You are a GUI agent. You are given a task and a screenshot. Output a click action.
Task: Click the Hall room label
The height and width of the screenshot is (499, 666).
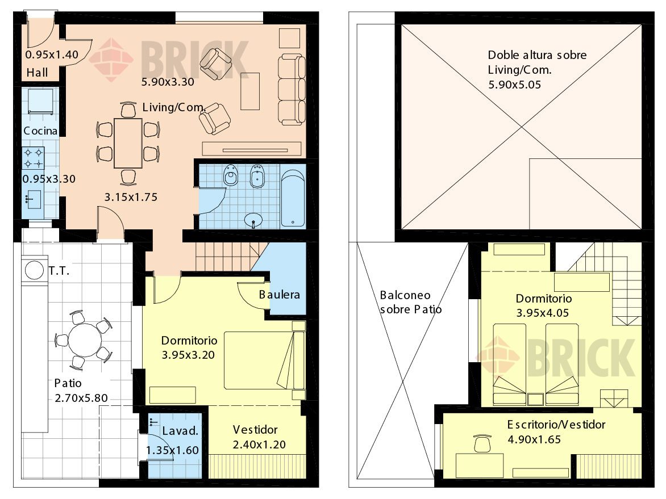[x=38, y=73]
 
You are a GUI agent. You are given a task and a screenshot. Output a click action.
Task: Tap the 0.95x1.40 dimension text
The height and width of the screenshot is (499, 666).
[x=52, y=54]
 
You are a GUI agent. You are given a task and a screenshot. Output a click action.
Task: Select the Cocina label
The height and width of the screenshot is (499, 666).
[x=40, y=131]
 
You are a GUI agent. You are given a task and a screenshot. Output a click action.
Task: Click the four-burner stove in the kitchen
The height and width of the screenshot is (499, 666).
[x=34, y=158]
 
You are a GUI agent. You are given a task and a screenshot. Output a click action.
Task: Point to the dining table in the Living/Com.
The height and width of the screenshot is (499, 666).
[x=128, y=143]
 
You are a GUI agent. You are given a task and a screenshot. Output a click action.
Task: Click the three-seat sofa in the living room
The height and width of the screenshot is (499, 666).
[x=292, y=90]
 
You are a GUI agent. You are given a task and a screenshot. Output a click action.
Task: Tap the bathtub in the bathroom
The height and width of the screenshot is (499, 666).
[x=293, y=199]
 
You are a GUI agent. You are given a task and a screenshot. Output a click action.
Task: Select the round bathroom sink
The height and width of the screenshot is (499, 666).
[x=253, y=220]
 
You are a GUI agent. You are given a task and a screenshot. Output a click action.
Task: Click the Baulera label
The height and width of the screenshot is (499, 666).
[x=280, y=295]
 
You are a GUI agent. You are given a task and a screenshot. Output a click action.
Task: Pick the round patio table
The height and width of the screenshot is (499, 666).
[x=85, y=340]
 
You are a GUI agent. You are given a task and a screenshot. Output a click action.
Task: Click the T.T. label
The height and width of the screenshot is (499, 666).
[x=59, y=271]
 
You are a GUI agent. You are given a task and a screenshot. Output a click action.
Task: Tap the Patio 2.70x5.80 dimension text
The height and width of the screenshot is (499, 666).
[x=81, y=398]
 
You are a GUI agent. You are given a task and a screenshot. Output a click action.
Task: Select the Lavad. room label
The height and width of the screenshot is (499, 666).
[x=181, y=431]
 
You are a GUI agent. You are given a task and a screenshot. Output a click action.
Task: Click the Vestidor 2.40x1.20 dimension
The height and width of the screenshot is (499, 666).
[x=259, y=445]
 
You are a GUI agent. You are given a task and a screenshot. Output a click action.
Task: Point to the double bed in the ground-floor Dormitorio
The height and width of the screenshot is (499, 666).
[x=264, y=360]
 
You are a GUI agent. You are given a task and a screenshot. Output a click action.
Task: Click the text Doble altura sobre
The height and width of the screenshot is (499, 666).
[x=538, y=54]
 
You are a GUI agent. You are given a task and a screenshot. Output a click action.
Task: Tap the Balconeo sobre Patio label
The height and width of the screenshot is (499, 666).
[x=411, y=302]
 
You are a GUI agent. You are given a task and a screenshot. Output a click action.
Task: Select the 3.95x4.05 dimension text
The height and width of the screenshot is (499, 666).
[x=542, y=313]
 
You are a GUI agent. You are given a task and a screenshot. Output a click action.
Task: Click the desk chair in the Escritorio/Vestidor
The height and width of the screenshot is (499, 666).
[x=482, y=443]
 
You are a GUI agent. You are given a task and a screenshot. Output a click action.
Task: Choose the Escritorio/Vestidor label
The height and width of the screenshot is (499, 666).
[x=556, y=425]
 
